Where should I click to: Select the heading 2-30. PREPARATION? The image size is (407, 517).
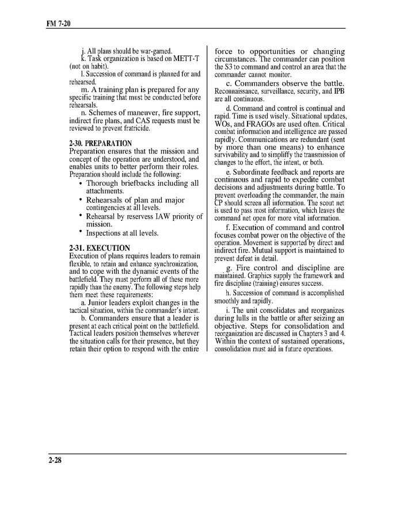(100, 143)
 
